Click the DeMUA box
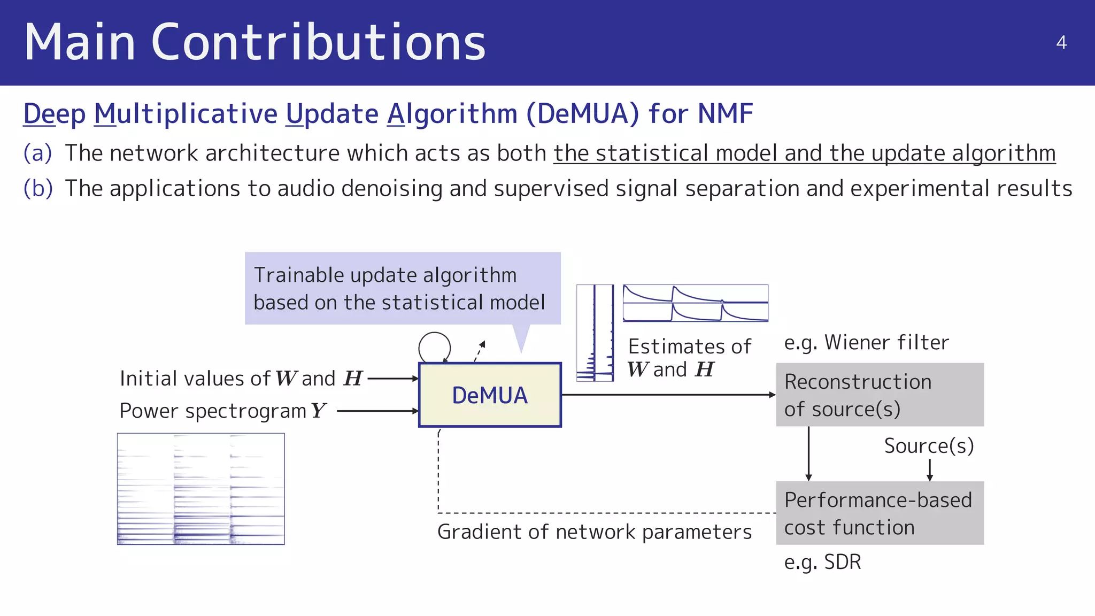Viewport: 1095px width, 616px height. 490,395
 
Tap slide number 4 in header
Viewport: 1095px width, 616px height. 1061,43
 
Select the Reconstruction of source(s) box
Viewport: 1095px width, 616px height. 880,395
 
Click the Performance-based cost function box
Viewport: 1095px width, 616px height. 880,513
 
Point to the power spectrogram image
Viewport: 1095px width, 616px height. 201,489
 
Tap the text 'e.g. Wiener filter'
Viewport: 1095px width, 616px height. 866,343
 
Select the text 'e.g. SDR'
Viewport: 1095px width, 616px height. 822,563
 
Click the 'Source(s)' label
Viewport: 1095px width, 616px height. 929,446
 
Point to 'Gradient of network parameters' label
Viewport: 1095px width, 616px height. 594,532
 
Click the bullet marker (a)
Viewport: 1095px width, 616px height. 37,153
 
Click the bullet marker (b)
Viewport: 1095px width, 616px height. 38,189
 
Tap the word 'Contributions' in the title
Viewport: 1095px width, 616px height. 318,43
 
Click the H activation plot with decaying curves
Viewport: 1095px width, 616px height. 695,303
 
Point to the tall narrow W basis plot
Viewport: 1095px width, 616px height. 595,333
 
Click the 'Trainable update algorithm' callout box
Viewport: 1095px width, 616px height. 402,289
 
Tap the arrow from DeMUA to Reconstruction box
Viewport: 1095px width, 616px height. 668,395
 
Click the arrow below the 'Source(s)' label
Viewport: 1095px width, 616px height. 930,471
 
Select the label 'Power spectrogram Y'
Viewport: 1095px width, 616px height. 222,411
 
